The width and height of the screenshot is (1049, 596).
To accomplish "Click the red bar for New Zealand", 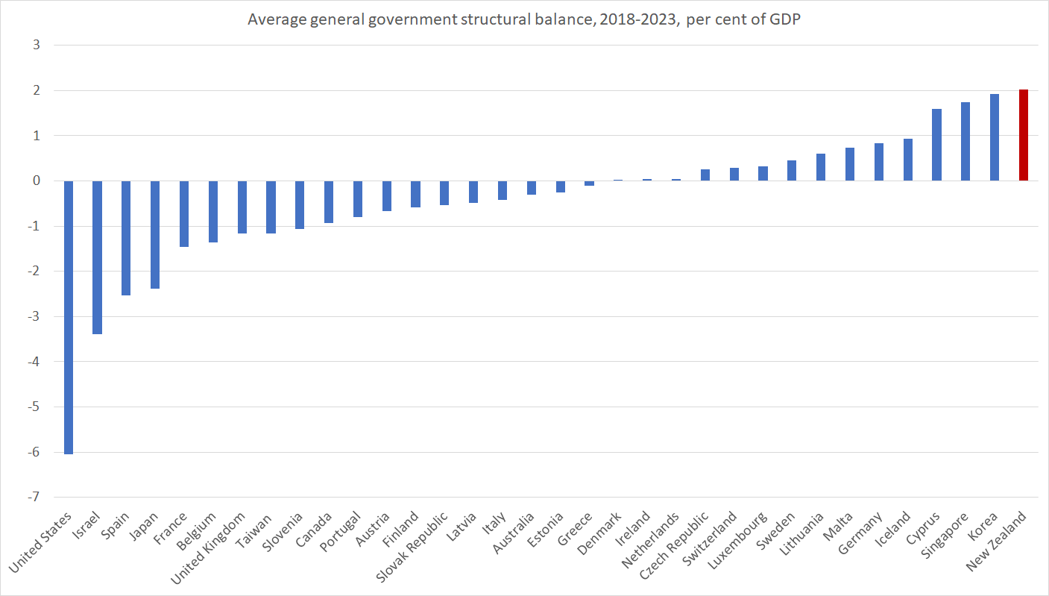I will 1023,135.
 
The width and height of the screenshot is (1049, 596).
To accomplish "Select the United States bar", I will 68,317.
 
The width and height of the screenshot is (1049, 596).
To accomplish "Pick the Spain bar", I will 126,238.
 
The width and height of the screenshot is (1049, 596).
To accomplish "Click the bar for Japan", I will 155,234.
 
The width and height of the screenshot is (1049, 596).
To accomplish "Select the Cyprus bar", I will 936,145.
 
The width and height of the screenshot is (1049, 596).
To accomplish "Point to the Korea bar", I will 994,137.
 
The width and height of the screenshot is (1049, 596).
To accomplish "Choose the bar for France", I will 184,213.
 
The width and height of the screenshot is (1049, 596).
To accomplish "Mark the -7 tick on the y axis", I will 34,498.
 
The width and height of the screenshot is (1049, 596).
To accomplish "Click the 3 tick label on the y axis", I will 37,46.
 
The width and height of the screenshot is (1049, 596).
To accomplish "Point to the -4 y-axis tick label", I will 34,362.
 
